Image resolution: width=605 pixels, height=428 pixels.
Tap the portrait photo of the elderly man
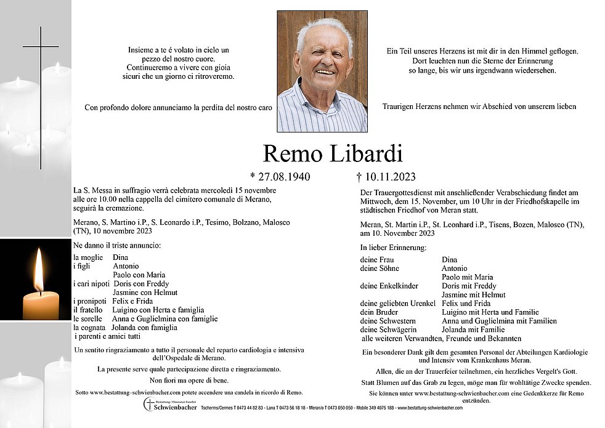point(322,71)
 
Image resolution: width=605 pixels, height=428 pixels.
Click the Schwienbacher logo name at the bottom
point(175,408)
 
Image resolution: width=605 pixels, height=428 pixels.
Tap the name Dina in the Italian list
point(121,257)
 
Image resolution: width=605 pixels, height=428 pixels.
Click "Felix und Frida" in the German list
point(466,304)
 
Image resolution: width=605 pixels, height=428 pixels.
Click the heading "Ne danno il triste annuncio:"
point(117,245)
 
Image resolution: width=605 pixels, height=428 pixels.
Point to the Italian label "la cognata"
point(89,328)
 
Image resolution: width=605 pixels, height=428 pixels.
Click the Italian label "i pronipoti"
point(90,301)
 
